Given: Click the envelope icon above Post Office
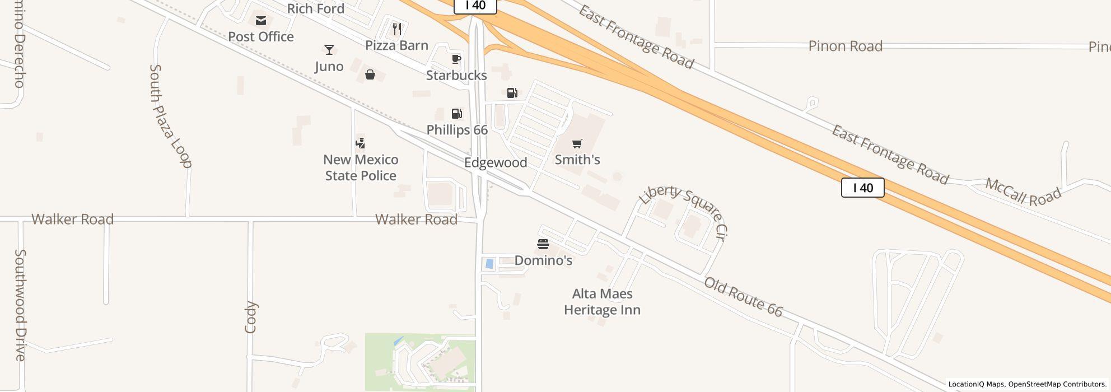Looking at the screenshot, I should point(261,21).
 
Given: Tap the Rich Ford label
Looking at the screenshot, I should point(315,8).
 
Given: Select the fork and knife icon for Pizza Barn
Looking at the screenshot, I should point(397,29).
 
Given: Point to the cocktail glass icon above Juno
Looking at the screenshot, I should point(329,50).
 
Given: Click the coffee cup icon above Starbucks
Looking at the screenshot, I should point(456,59).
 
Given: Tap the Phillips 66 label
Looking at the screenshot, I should point(457,130).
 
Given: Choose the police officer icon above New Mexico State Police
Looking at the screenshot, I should point(361,143).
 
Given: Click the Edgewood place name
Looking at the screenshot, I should point(496,163).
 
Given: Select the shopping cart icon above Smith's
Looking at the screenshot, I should point(577,143).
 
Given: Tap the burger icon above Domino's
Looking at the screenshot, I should point(543,244).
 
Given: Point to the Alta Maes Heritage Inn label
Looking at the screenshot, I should point(602,302).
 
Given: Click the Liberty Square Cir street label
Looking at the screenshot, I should point(683,209).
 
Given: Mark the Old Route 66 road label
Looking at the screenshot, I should point(743,297).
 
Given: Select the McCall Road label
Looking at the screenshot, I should point(1023,193).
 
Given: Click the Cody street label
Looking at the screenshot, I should point(250,318).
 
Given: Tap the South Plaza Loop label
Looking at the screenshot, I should point(170,116).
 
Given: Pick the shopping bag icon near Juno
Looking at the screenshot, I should point(370,74).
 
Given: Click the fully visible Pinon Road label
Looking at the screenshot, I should point(845,46).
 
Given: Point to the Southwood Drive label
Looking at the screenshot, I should point(20,305).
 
